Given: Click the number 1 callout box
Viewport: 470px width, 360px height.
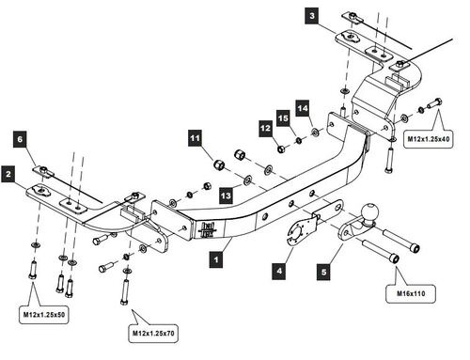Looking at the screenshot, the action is coord(216,259).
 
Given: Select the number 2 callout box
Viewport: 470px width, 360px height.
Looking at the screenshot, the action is coord(8,174).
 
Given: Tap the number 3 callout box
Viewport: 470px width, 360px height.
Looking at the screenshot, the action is coord(312,16).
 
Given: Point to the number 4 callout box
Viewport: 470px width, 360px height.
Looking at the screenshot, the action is coord(279,271).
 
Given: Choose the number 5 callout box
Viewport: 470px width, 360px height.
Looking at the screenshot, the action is coord(323,272).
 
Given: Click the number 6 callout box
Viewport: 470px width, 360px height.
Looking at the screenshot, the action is coord(20,139).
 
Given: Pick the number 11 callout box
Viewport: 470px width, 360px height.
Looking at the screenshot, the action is coord(195,138).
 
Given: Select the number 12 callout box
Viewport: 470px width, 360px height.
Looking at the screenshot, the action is coord(265,128).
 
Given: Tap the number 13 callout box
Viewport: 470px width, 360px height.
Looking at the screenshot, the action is coord(226,196).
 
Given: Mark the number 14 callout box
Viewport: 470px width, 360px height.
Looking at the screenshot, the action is coord(303,108).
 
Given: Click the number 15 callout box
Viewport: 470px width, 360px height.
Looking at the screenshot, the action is coord(284,118).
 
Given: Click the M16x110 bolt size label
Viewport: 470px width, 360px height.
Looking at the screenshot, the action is coord(411,293).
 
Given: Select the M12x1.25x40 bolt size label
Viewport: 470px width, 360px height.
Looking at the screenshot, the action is coord(429,138).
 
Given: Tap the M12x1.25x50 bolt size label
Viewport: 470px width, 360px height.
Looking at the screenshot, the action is coord(44,314).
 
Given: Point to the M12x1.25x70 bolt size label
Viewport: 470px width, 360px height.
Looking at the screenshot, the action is coord(153,333).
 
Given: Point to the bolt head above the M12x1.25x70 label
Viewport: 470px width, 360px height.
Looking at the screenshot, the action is coord(124,302).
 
